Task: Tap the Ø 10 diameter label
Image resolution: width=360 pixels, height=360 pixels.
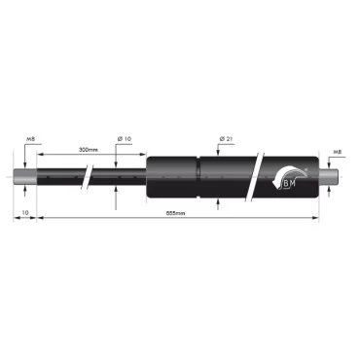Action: [x=125, y=140]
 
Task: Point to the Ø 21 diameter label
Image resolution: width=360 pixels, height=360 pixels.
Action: [x=225, y=140]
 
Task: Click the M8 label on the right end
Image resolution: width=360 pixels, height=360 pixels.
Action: [x=337, y=152]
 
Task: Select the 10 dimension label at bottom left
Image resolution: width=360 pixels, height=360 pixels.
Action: [x=25, y=211]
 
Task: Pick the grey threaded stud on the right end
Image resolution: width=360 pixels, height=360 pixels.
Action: [x=331, y=178]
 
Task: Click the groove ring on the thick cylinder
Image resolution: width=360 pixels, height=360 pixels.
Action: [x=200, y=178]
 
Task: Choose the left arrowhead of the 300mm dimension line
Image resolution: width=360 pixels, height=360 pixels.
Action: [x=41, y=158]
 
